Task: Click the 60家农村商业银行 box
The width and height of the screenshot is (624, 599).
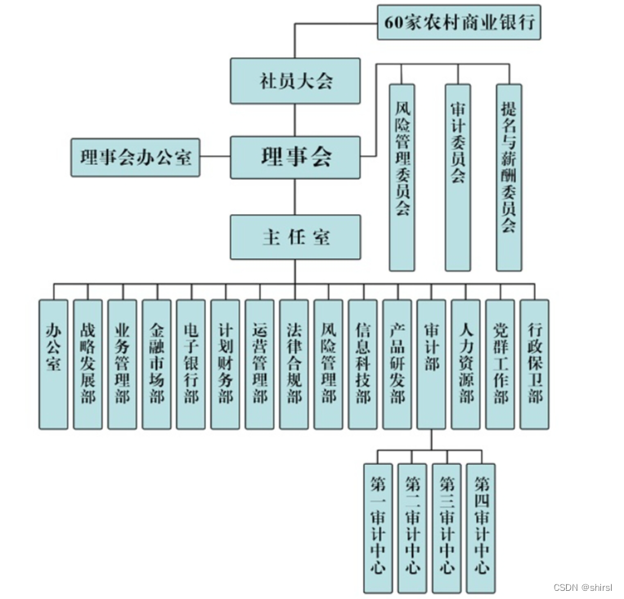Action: pyautogui.click(x=460, y=23)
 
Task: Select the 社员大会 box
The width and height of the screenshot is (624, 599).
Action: pyautogui.click(x=295, y=81)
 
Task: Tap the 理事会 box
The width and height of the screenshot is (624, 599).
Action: pyautogui.click(x=295, y=157)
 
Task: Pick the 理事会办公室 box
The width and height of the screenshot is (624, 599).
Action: pyautogui.click(x=136, y=157)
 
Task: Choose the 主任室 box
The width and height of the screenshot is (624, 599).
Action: pyautogui.click(x=295, y=237)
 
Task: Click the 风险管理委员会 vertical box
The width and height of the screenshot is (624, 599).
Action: pyautogui.click(x=402, y=177)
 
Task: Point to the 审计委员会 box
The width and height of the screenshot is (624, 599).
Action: pyautogui.click(x=458, y=177)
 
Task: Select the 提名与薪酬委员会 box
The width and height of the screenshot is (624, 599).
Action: pyautogui.click(x=509, y=177)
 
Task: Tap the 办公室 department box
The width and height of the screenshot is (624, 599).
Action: pyautogui.click(x=53, y=364)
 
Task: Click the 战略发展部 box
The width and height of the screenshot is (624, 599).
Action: pyautogui.click(x=88, y=364)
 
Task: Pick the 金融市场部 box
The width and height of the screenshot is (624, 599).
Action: pyautogui.click(x=156, y=364)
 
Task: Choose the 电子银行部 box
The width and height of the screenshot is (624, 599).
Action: pyautogui.click(x=191, y=364)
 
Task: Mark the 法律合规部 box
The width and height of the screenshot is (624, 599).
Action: pyautogui.click(x=294, y=364)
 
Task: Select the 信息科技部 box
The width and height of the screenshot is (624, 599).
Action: pyautogui.click(x=362, y=364)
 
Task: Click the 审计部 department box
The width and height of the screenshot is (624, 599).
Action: pyautogui.click(x=431, y=364)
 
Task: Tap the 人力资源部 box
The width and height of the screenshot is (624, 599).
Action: pyautogui.click(x=465, y=364)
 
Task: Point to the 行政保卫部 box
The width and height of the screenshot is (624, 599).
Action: pyautogui.click(x=534, y=364)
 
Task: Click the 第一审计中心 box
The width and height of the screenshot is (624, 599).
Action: pyautogui.click(x=378, y=527)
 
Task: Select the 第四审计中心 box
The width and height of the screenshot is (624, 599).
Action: pyautogui.click(x=481, y=527)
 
